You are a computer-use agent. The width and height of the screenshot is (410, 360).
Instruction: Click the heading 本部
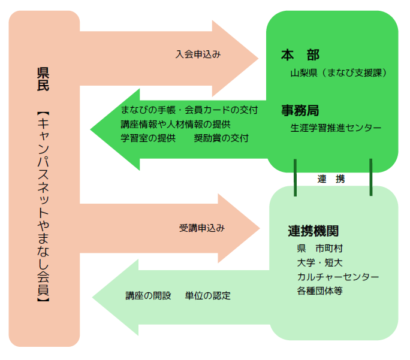coord(300,55)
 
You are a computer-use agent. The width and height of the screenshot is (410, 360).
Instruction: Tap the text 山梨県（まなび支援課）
coord(337,73)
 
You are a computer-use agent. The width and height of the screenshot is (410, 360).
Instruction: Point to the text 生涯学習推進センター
coord(336,128)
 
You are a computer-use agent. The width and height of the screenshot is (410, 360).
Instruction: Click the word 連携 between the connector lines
coord(331,179)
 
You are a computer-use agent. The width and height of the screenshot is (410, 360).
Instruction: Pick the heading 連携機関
coord(313,231)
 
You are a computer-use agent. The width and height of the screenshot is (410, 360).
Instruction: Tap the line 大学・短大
coord(319,262)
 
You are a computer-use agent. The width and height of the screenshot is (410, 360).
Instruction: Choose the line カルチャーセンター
coord(337,277)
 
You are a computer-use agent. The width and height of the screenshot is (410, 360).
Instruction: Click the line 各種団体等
coord(319,291)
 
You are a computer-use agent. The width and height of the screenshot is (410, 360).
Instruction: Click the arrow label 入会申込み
coord(198,54)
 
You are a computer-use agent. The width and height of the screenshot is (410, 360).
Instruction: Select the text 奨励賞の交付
coord(221,138)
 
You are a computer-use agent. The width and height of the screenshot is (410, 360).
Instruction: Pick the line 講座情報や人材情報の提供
coord(176,124)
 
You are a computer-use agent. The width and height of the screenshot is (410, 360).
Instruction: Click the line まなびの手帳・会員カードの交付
coord(189,110)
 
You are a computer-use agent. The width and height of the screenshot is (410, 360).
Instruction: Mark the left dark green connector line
coord(295,177)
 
